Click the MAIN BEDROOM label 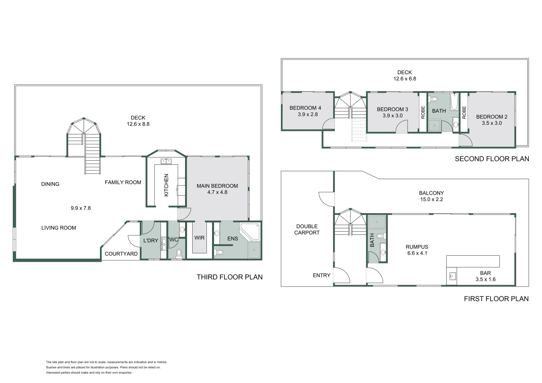(217, 186)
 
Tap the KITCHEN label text (166, 185)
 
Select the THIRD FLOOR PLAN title (229, 277)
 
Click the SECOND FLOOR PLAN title (492, 159)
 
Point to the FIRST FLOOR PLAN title (496, 299)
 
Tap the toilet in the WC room (179, 253)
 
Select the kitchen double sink (166, 162)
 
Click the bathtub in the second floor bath (454, 102)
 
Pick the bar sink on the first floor (452, 276)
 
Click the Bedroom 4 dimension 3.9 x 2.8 (308, 114)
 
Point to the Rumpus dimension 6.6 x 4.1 (417, 253)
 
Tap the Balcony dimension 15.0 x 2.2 (431, 199)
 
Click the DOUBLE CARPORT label (307, 229)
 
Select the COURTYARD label (121, 254)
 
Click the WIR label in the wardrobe (199, 238)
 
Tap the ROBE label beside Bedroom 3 (423, 112)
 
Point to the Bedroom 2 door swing (465, 140)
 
